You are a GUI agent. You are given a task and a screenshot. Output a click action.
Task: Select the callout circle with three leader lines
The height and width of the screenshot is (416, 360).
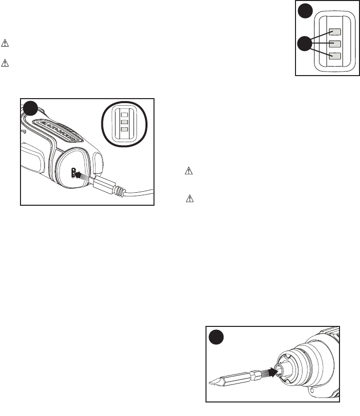click(303, 45)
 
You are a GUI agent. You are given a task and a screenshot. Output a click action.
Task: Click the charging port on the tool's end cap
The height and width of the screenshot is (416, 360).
click(74, 173)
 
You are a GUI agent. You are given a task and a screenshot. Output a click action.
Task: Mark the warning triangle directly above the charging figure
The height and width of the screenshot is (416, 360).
click(5, 64)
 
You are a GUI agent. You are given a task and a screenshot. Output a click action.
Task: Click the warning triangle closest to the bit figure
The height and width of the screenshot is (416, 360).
click(189, 198)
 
